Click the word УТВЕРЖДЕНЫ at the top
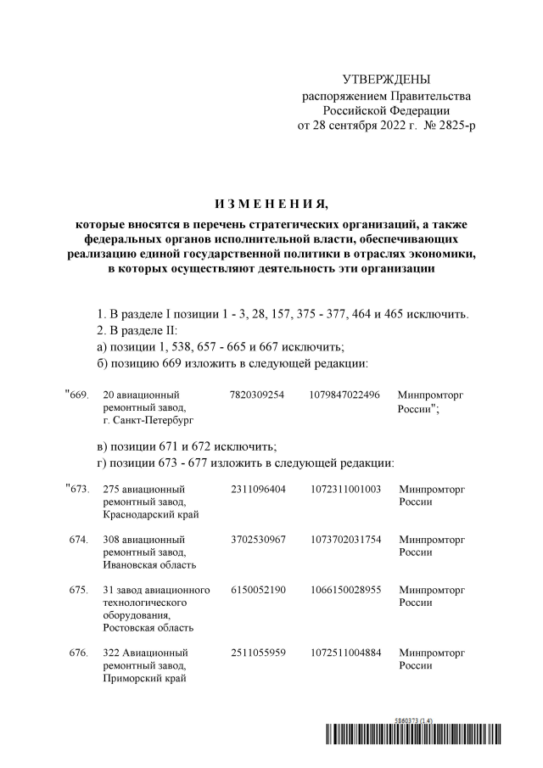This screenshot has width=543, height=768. point(385,79)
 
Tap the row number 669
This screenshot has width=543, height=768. point(77,395)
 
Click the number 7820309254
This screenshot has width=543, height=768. point(257,395)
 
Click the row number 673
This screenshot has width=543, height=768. point(77,490)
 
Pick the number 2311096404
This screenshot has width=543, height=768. point(257,490)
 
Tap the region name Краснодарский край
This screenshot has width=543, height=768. point(150,514)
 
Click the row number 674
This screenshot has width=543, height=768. point(79,539)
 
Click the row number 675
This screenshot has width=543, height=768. point(79,589)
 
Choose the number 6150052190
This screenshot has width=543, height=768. point(257,589)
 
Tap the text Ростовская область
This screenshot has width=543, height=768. point(148,628)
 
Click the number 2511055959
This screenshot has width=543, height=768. point(257,653)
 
